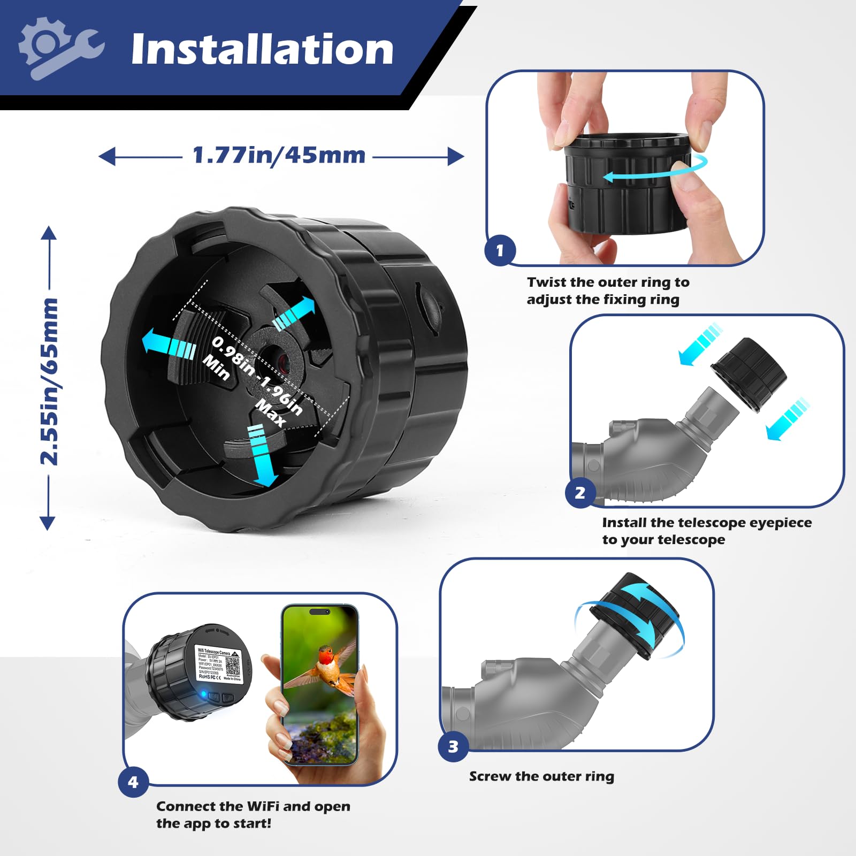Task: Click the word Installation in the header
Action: coord(262,49)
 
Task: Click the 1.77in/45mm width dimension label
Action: coord(279,156)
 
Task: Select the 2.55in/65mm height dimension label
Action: coord(49,381)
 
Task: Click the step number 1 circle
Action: coord(500,250)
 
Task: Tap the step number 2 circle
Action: coord(580,493)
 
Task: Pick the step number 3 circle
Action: coord(453,747)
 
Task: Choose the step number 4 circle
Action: coord(133,782)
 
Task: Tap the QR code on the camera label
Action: coord(233,665)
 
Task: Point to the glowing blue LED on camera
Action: coord(203,694)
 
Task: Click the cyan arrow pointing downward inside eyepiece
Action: coord(262,455)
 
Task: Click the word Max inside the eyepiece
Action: coord(271,413)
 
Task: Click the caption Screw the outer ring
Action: coord(541,776)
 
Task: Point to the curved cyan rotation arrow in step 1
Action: coord(655,170)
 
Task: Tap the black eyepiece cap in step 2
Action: coord(749,374)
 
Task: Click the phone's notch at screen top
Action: coord(319,612)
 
